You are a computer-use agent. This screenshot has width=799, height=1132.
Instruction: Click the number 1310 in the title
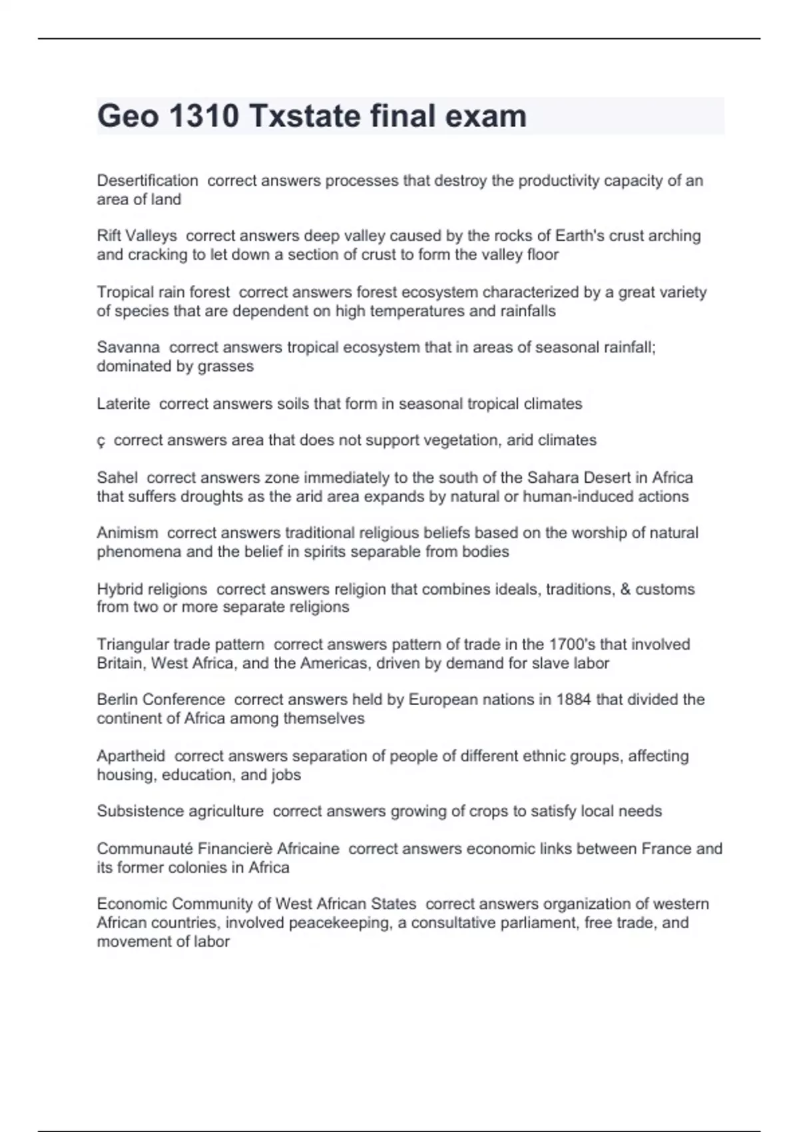(204, 116)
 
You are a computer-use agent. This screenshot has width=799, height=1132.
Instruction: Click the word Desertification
(147, 180)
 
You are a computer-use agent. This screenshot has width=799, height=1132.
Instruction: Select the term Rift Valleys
(137, 236)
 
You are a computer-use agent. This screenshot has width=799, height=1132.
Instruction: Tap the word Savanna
(128, 347)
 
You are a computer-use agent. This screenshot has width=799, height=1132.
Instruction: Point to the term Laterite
(123, 404)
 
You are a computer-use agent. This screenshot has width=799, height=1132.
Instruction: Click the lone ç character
(101, 441)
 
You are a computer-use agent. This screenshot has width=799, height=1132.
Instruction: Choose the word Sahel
(117, 477)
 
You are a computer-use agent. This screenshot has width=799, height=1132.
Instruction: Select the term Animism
(127, 533)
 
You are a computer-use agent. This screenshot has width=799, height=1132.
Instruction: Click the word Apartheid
(131, 756)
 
